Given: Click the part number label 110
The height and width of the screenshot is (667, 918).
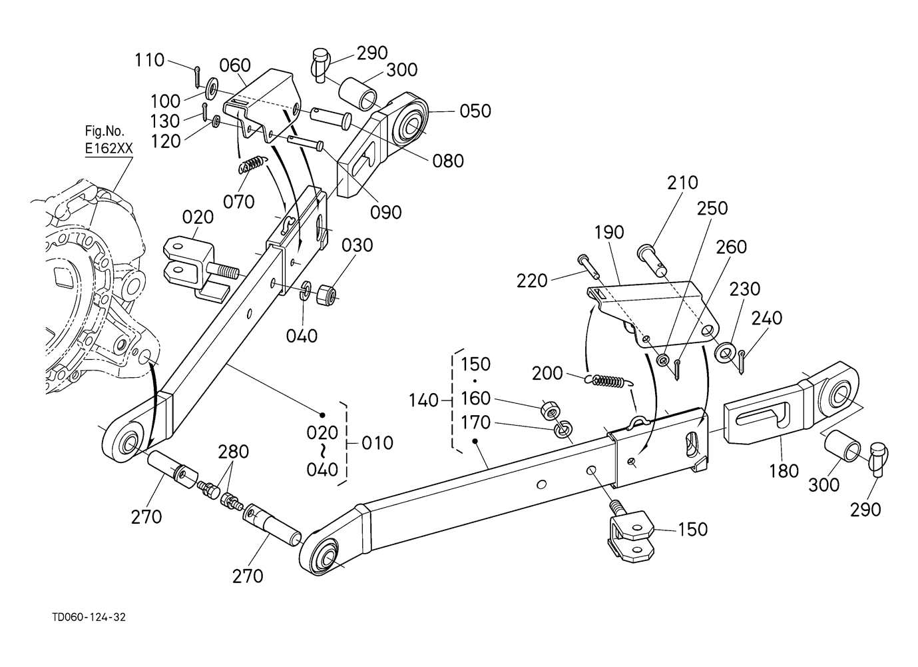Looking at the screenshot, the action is [x=150, y=60].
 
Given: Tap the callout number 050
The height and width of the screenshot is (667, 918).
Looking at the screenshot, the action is [x=475, y=111].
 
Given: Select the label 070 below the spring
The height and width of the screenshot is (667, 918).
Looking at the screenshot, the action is [x=239, y=202].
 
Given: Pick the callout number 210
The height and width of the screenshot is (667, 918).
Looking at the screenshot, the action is [x=682, y=183].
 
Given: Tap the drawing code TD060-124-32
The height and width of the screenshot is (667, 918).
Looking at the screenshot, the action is [x=89, y=618].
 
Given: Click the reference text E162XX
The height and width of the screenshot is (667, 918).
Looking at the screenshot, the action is [x=109, y=148].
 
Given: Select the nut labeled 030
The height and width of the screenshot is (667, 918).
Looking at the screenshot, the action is [x=327, y=294].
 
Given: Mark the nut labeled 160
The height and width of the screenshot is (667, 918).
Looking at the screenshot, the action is [x=549, y=408].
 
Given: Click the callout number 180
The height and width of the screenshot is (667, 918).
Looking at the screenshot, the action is [x=784, y=471].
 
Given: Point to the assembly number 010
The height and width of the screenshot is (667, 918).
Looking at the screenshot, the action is [x=377, y=443].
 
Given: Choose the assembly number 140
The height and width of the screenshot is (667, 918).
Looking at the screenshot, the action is [x=424, y=400].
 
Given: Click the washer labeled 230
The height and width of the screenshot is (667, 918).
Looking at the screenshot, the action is [x=724, y=352].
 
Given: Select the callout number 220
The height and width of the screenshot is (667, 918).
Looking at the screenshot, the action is [x=532, y=281].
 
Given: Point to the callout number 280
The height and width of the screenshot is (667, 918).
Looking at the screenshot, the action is [x=233, y=452].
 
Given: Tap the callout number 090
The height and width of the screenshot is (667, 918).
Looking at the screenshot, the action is [x=385, y=212].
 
